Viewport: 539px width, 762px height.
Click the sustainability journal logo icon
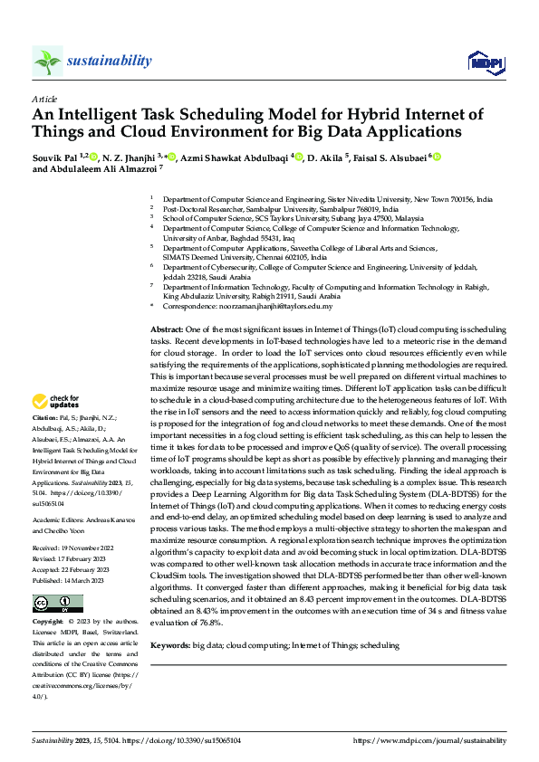click(x=47, y=61)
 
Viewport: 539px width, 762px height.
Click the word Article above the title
click(x=43, y=98)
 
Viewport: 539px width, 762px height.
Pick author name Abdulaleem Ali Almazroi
click(x=101, y=169)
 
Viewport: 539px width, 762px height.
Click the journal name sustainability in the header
click(x=109, y=61)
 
